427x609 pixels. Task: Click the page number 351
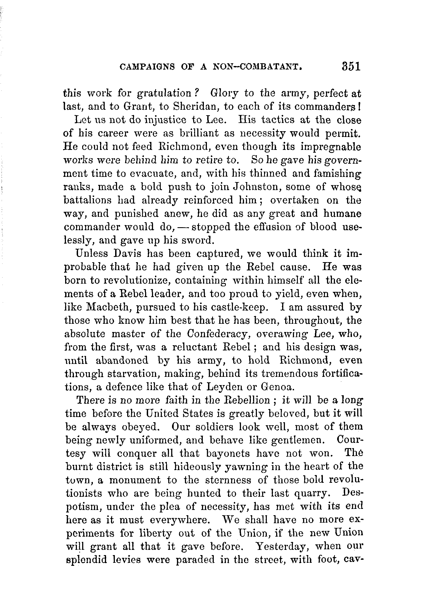(351, 67)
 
